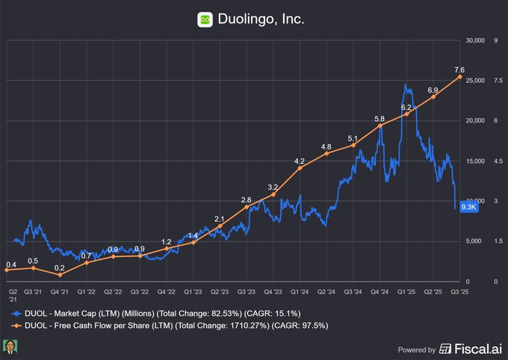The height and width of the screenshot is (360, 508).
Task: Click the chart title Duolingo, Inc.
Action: point(262,19)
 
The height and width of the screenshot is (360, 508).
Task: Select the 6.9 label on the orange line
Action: point(433,90)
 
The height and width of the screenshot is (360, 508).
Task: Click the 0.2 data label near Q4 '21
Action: point(59,267)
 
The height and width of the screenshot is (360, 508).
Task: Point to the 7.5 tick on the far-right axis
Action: point(495,81)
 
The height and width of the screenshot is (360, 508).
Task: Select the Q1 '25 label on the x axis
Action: point(406,292)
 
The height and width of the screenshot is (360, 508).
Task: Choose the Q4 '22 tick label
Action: point(166,292)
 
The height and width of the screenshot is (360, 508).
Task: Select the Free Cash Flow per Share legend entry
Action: point(169,326)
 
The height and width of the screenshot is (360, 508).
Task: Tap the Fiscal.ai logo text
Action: point(470,349)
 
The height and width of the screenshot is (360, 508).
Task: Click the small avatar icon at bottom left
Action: point(10,347)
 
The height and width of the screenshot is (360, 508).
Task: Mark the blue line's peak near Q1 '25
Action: point(405,84)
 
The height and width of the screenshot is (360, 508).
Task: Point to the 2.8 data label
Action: point(246,200)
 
